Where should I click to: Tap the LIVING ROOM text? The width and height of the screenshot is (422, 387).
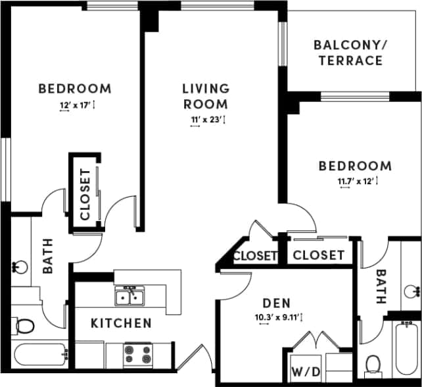point(206,96)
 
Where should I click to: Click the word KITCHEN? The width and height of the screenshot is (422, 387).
point(121,323)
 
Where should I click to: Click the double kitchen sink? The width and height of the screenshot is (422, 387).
point(130,297)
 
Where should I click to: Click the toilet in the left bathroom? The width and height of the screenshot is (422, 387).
point(24,325)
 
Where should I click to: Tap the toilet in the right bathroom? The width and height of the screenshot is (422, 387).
point(374,364)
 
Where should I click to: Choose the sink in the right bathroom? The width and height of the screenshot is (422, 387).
point(411,290)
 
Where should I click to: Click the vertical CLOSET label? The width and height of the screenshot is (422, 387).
point(85,194)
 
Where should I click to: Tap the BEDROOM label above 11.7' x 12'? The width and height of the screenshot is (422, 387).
point(355,166)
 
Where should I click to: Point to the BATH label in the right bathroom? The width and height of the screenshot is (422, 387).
point(380,286)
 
